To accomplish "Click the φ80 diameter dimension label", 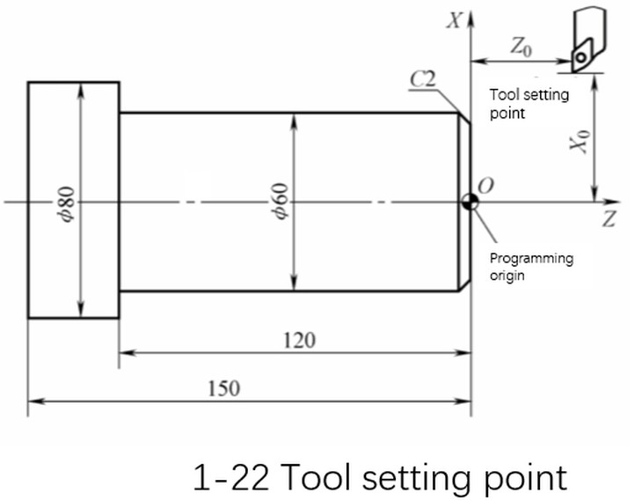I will pyautogui.click(x=68, y=202).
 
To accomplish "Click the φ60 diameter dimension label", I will pyautogui.click(x=281, y=202).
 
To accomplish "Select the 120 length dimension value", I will pyautogui.click(x=299, y=340).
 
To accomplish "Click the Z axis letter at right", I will pyautogui.click(x=608, y=221).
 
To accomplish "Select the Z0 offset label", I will pyautogui.click(x=521, y=47).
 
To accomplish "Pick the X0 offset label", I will pyautogui.click(x=578, y=141).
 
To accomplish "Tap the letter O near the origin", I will pyautogui.click(x=485, y=186).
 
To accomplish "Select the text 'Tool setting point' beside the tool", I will pyautogui.click(x=529, y=103).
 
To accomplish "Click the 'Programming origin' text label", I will pyautogui.click(x=530, y=267).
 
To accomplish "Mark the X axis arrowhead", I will pyautogui.click(x=471, y=16).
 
